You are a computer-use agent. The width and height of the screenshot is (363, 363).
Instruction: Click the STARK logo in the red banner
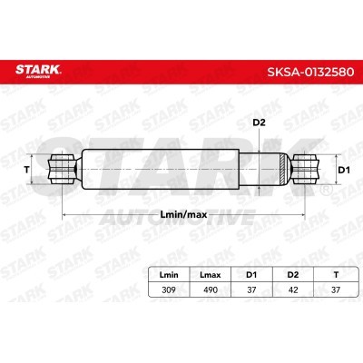[38, 71]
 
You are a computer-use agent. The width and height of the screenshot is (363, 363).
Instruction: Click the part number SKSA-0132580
[310, 72]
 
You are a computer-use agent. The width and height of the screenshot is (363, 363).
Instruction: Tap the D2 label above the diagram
[259, 123]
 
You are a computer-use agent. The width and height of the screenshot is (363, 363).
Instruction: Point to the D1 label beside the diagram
[344, 170]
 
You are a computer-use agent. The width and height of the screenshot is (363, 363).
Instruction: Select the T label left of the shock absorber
[26, 170]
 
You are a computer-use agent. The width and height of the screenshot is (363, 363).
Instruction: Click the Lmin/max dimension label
[183, 215]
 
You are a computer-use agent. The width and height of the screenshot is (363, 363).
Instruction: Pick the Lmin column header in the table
[169, 275]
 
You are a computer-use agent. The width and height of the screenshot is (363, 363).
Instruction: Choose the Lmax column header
[211, 275]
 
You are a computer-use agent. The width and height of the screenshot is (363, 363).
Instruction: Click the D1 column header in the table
[251, 275]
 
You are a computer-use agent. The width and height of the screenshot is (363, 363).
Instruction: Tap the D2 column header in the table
[293, 275]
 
